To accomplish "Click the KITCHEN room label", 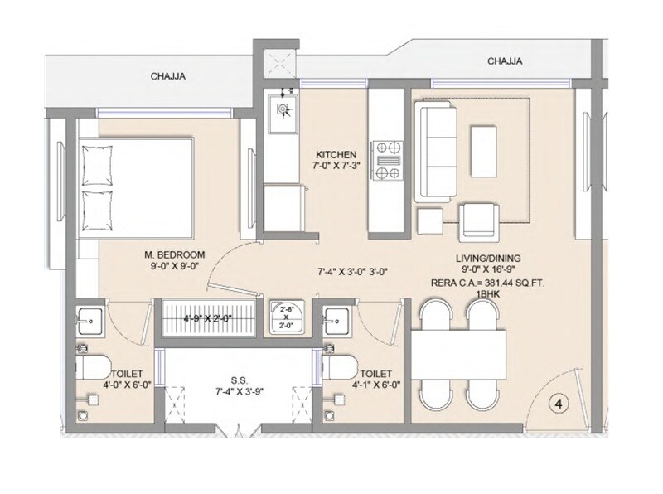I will point(336,155).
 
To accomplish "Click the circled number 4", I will point(559,404).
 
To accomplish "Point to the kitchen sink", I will point(283,109).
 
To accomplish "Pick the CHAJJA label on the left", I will point(167,77).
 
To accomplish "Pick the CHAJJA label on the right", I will point(504,61).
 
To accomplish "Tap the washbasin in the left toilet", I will point(90,317).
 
